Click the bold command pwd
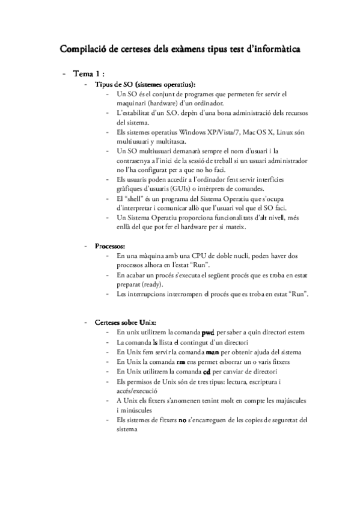(x=208, y=332)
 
